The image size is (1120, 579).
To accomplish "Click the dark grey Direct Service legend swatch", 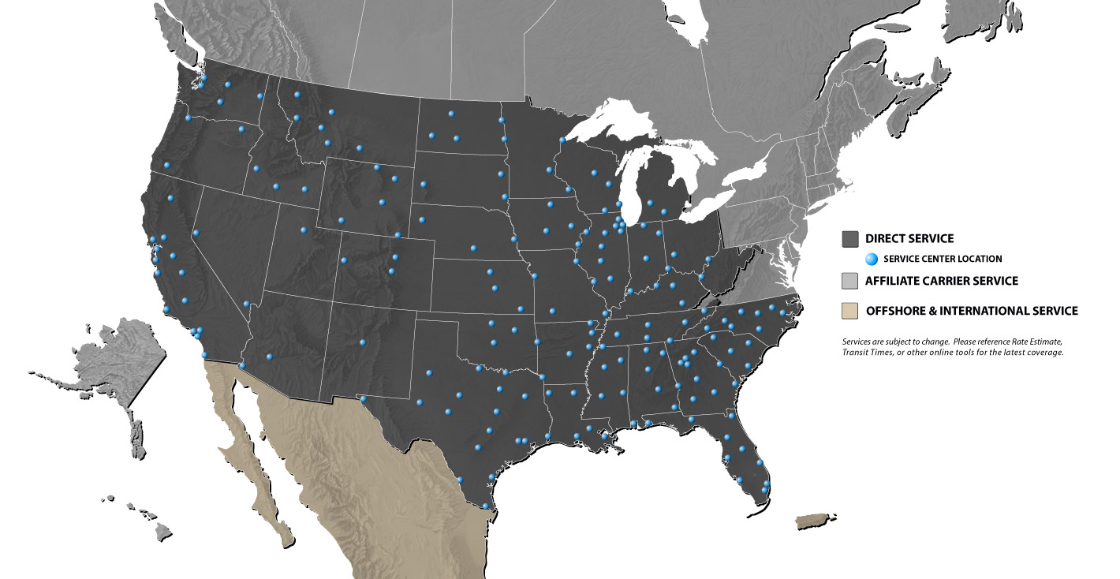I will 850,238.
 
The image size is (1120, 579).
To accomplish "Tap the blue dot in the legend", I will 872,259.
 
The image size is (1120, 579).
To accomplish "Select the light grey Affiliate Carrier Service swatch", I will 850,281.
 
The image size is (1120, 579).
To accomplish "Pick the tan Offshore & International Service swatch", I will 850,311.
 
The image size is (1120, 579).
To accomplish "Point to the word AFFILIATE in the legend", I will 895,281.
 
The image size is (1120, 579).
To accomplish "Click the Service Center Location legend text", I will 943,259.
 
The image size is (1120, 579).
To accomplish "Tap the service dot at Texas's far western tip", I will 364,399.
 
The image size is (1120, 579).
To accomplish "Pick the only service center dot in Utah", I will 304,230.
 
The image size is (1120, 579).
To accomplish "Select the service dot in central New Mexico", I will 363,342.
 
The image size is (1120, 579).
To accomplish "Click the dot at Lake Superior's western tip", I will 562,140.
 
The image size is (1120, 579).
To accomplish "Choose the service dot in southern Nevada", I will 246,304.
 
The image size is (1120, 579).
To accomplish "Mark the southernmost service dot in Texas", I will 486,506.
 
